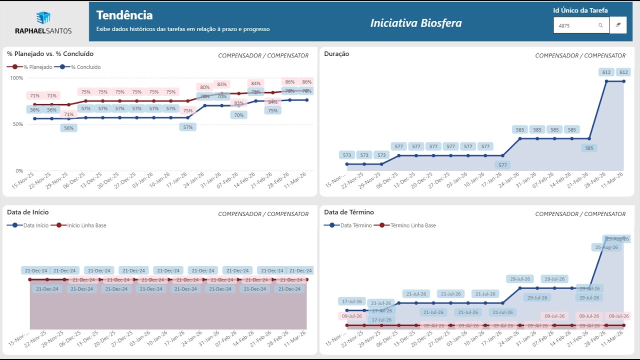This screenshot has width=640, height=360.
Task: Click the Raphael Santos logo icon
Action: point(43,17)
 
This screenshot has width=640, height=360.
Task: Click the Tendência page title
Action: point(124,15)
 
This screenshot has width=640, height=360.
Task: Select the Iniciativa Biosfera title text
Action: point(416,23)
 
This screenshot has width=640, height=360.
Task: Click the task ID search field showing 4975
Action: point(575,25)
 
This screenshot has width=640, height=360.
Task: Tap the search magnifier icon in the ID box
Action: point(600,25)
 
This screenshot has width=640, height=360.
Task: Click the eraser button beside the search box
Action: point(618,25)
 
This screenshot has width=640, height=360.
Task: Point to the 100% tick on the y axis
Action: point(16,78)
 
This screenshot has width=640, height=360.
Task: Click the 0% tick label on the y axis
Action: point(19,171)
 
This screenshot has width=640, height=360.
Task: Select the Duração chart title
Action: point(336,54)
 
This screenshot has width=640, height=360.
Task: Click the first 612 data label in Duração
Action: point(606,72)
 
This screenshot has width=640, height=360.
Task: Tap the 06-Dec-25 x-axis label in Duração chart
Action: point(388,180)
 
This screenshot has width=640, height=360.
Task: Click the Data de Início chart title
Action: point(28,212)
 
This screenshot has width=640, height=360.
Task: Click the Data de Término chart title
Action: point(349,212)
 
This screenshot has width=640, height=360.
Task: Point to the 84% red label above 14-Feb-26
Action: point(256,83)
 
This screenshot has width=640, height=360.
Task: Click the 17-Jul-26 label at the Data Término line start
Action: point(351,301)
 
